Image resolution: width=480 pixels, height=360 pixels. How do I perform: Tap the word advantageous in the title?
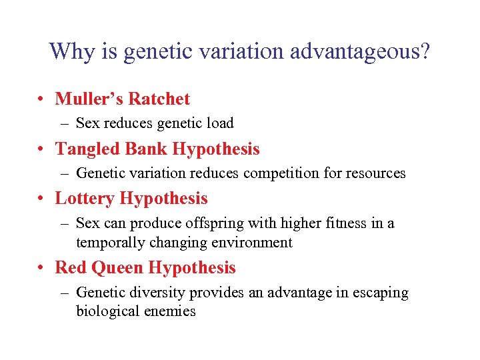tap(355, 51)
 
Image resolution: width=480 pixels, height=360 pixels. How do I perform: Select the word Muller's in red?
tap(89, 99)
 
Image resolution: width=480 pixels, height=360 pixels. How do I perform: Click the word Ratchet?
tap(159, 99)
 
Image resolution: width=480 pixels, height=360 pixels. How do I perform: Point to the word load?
tap(220, 123)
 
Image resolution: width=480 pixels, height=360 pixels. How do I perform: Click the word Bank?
tap(142, 149)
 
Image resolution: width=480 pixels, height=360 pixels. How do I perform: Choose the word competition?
tap(279, 173)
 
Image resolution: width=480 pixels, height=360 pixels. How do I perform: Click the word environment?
tap(256, 243)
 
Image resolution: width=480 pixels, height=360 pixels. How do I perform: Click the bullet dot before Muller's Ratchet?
tap(42, 100)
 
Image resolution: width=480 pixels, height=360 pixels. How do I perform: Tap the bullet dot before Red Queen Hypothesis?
tap(42, 269)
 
